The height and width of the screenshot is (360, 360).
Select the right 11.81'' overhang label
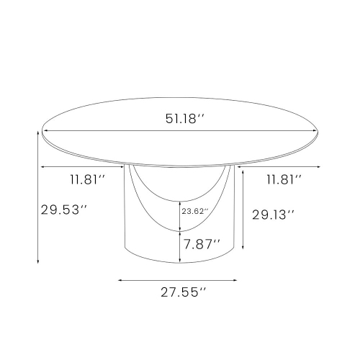(x=283, y=180)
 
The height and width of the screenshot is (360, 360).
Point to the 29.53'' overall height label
(x=63, y=210)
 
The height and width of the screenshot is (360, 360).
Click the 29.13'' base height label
(x=273, y=215)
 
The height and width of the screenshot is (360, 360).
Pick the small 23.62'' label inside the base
(x=195, y=212)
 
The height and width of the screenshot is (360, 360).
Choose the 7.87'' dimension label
(x=202, y=243)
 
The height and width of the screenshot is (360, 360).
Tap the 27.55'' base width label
(x=182, y=292)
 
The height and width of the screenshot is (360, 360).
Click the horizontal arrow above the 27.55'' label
(x=179, y=280)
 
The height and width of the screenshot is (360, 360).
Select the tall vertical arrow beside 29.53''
(x=37, y=197)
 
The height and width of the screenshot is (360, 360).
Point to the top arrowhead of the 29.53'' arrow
(x=37, y=134)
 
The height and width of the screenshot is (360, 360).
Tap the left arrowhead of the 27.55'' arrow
(x=120, y=280)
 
